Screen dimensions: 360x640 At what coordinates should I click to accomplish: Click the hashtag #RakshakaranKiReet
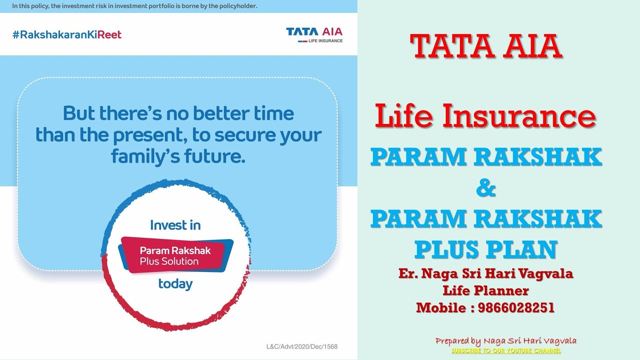[x=67, y=34]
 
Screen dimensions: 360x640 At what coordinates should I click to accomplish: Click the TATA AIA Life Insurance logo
[x=314, y=34]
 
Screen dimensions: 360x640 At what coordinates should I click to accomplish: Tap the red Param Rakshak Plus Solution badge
[x=175, y=255]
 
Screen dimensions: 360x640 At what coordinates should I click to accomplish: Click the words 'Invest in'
[x=175, y=225]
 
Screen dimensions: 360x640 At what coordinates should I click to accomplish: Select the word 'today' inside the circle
[x=175, y=284]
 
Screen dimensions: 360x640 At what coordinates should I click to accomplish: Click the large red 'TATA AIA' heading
[x=486, y=46]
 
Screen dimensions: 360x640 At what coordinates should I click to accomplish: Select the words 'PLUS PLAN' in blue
[x=485, y=249]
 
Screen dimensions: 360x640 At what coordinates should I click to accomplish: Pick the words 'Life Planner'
[x=485, y=290]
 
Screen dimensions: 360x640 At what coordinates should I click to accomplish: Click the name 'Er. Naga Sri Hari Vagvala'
[x=485, y=273]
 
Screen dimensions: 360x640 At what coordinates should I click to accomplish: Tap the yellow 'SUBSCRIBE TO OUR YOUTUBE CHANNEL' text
[x=506, y=351]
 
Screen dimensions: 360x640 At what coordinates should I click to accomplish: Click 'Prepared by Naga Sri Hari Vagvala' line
[x=505, y=341]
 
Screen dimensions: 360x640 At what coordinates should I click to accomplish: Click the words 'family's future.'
[x=178, y=156]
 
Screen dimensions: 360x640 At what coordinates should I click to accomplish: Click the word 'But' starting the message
[x=79, y=113]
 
